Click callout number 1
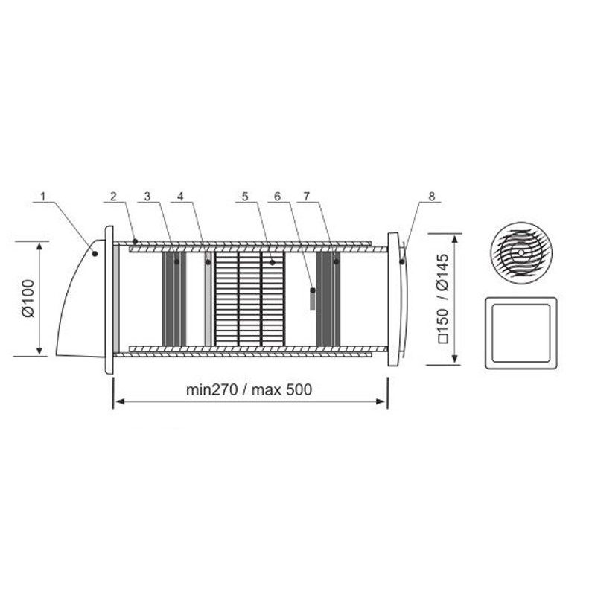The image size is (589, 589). [43, 197]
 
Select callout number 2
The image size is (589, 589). [113, 197]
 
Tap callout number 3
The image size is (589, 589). [147, 197]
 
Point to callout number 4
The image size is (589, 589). [180, 197]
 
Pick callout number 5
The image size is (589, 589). [245, 197]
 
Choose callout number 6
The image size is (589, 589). [278, 197]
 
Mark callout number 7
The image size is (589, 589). [307, 197]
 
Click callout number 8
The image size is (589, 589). [432, 197]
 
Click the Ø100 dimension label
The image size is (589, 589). [28, 299]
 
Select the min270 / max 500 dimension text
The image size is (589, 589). [249, 389]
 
